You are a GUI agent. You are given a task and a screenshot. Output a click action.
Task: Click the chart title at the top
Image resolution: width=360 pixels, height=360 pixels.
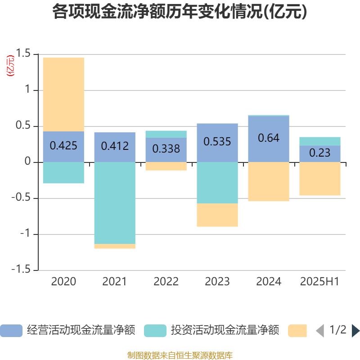click(180, 12)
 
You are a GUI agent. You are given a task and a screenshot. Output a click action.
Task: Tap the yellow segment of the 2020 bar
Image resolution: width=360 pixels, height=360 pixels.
click(63, 94)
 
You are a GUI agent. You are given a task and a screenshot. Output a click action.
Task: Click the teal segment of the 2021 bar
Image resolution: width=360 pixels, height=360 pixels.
click(115, 202)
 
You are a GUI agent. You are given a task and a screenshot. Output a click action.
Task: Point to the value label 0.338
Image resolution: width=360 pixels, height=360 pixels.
click(166, 148)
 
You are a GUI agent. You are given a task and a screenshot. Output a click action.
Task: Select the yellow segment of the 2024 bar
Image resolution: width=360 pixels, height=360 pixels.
click(269, 182)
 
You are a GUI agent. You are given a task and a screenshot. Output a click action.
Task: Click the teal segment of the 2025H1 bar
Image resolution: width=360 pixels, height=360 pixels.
click(320, 141)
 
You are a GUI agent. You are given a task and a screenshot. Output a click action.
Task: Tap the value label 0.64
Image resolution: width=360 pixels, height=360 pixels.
click(269, 138)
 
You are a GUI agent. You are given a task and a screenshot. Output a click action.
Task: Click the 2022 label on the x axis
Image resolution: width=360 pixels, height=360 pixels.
click(166, 282)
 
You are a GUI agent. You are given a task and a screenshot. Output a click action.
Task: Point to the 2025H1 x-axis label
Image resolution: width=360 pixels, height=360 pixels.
click(319, 282)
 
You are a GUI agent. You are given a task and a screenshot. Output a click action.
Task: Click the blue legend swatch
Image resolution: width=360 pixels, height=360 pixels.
click(11, 331)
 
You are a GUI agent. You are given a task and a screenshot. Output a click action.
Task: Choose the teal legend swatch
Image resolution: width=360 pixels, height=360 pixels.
click(155, 331)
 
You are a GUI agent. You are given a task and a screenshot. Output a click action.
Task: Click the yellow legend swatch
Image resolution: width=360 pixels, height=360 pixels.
click(297, 331)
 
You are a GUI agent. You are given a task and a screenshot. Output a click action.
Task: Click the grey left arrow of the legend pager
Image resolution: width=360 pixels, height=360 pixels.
click(320, 331)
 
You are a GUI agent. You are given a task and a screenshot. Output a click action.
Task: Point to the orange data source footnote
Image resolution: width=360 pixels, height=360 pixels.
click(180, 355)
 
